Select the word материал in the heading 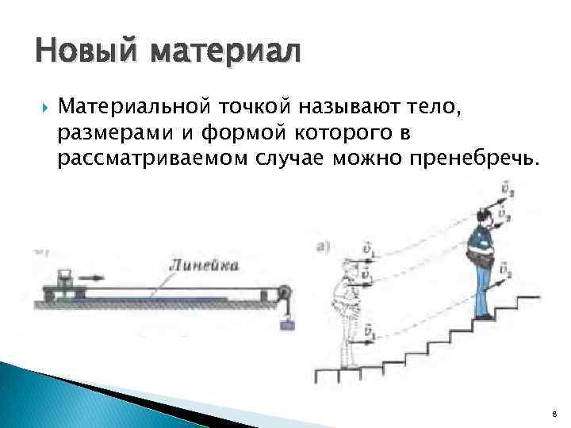click(x=224, y=53)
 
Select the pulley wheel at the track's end click(x=286, y=297)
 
